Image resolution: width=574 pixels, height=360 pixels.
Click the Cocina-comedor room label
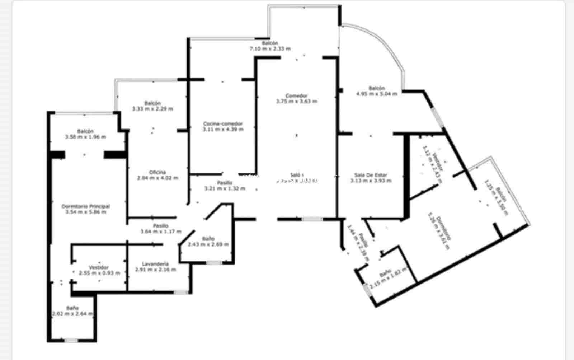click(x=223, y=124)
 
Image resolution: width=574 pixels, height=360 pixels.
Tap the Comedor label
click(x=296, y=95)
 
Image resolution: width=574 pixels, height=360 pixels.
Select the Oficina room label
click(x=157, y=172)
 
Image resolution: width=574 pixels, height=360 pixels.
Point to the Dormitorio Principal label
click(x=86, y=206)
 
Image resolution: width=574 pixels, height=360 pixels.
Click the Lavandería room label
click(x=155, y=264)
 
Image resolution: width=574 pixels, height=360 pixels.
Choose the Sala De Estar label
click(x=371, y=175)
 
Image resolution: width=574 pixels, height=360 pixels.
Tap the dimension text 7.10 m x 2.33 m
click(x=270, y=48)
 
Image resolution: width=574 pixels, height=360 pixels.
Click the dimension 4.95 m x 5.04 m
click(x=377, y=94)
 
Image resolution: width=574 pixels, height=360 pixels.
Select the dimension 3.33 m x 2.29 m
click(x=152, y=108)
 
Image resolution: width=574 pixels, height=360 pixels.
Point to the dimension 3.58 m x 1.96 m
click(x=86, y=137)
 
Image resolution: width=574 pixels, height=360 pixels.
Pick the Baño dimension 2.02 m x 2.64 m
click(x=72, y=314)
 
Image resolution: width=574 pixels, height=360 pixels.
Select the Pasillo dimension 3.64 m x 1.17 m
click(x=161, y=231)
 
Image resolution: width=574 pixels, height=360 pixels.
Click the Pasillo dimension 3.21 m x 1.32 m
click(x=225, y=188)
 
